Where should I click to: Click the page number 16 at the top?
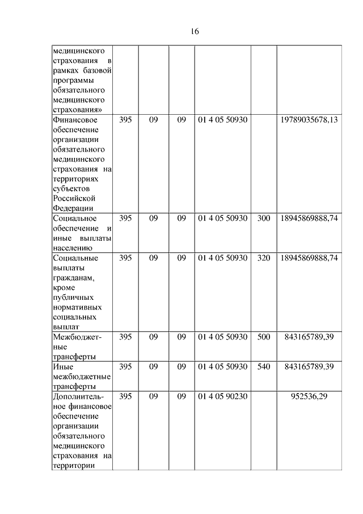[194, 32]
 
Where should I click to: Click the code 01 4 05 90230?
[222, 396]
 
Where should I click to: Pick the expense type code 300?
[263, 218]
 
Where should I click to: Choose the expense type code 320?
[263, 258]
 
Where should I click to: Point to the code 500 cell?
[263, 337]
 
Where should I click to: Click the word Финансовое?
[74, 120]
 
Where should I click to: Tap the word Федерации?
[73, 208]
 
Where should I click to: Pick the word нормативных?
[77, 307]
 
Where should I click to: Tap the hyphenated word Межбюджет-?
[77, 337]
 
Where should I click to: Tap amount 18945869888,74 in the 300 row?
[309, 218]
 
